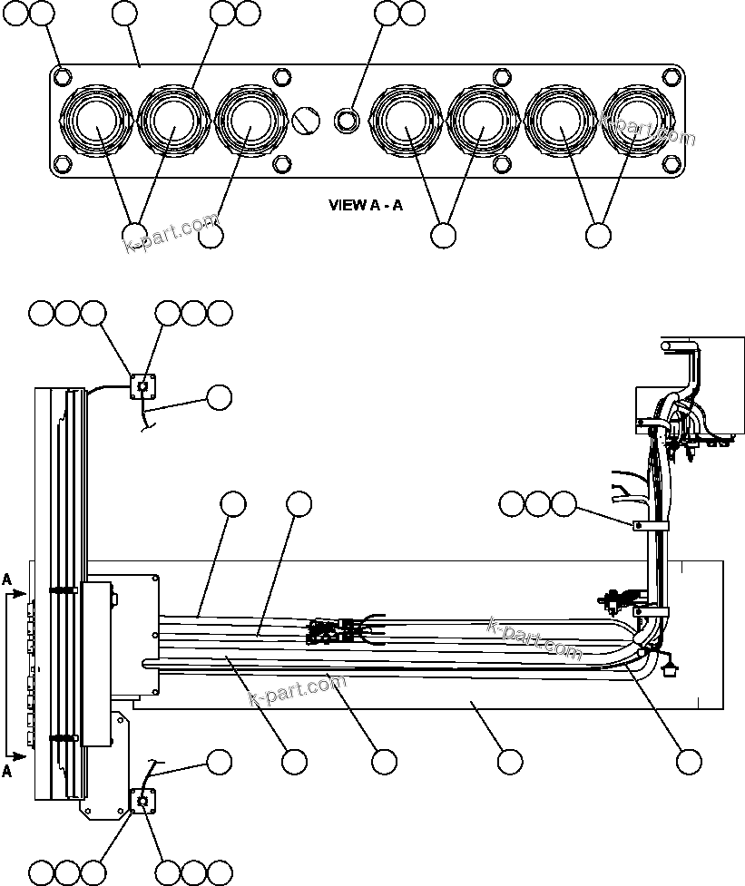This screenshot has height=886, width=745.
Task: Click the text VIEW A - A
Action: pos(366,206)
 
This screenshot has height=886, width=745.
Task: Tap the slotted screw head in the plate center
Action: pos(306,119)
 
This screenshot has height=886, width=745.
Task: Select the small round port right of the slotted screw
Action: pos(346,120)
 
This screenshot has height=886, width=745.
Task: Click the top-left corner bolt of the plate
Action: pos(61,75)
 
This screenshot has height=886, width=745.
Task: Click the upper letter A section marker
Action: pos(7,579)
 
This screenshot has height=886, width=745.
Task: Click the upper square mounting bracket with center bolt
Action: pos(142,387)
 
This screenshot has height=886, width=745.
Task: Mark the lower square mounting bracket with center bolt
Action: pos(143,801)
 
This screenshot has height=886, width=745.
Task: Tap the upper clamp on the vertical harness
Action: pos(651,525)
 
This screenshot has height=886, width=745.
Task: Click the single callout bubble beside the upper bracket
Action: pos(219,396)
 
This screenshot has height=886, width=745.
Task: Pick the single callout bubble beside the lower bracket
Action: pos(219,762)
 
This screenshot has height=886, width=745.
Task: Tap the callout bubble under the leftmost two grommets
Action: pos(134,235)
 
